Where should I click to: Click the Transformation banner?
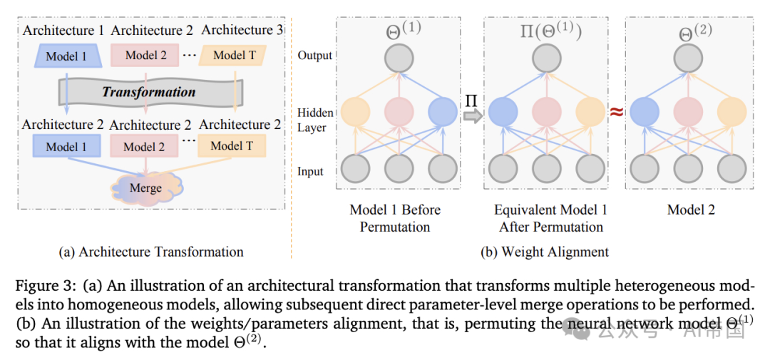(x=148, y=91)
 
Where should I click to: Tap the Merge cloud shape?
(x=145, y=188)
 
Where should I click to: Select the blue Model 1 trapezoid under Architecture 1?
(x=65, y=56)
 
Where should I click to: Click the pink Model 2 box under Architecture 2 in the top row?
(x=145, y=55)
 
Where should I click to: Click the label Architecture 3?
(x=242, y=30)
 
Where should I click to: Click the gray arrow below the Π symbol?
(x=473, y=116)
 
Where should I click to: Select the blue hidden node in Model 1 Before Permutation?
(x=443, y=110)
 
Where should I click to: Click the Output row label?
(x=315, y=56)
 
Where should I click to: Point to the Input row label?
(x=311, y=171)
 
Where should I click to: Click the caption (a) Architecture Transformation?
(x=151, y=252)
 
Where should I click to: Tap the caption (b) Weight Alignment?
(x=545, y=252)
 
